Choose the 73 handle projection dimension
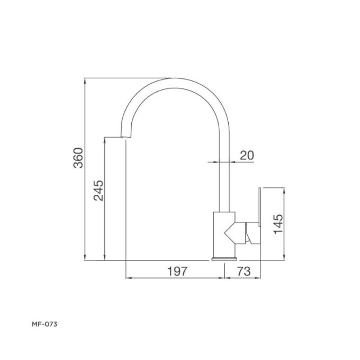point(242,271)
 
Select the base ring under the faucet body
point(224,258)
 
